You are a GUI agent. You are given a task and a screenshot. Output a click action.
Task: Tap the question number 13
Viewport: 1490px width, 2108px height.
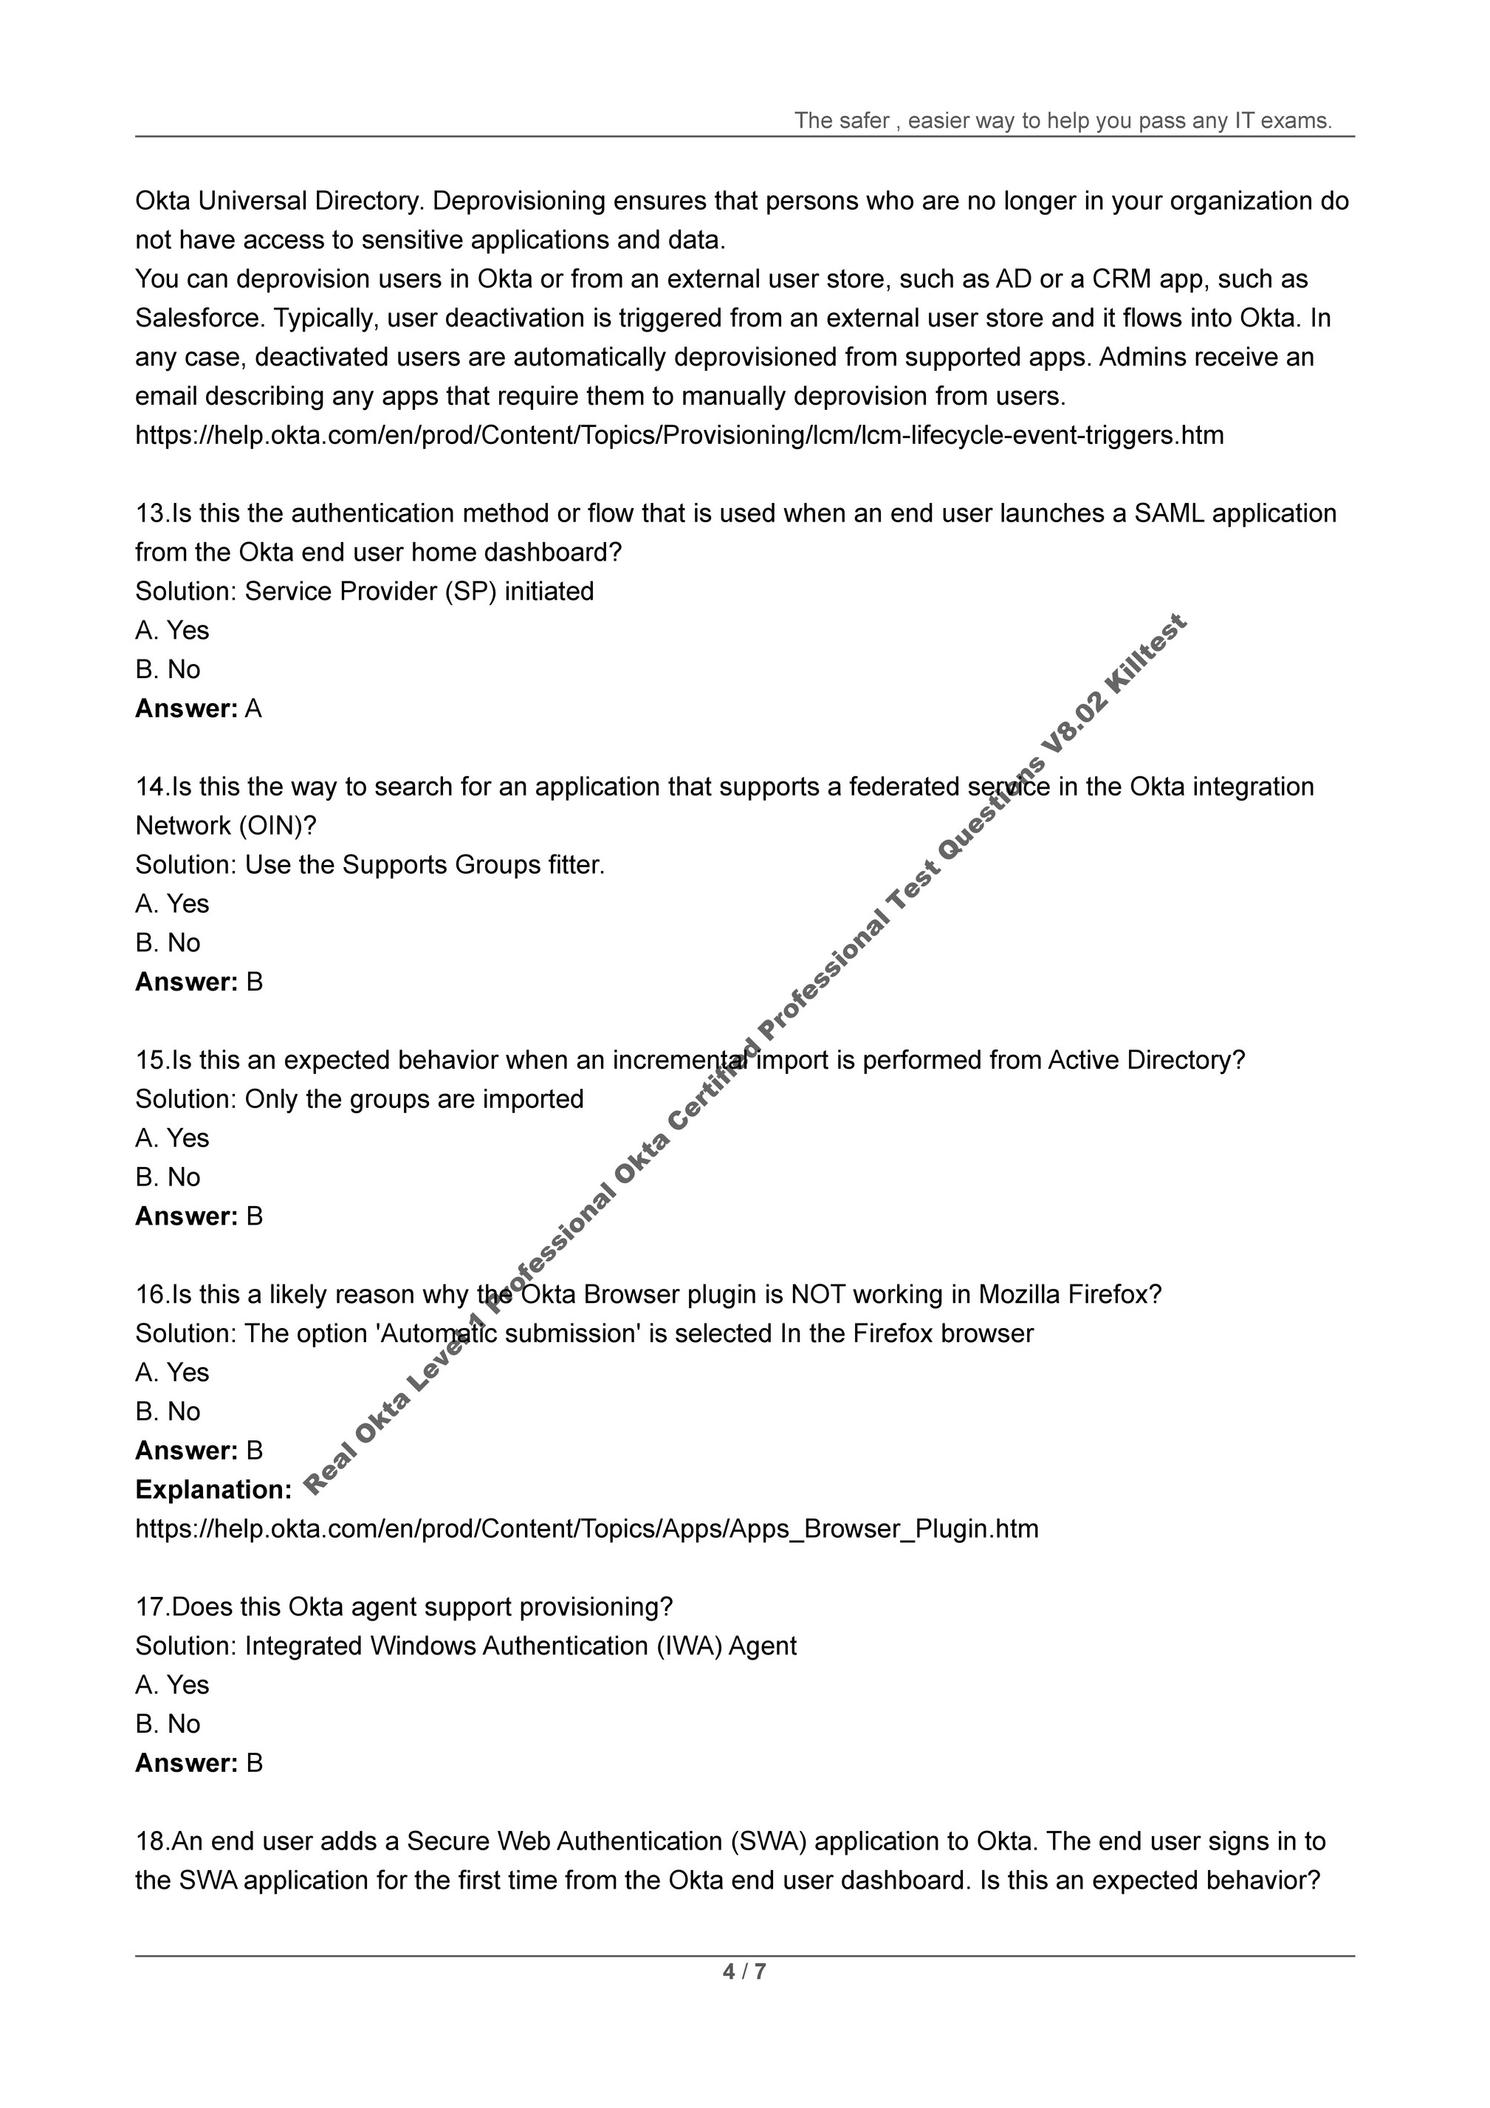pyautogui.click(x=151, y=513)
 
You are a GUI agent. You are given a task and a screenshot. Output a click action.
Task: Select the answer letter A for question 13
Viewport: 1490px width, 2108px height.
pyautogui.click(x=254, y=709)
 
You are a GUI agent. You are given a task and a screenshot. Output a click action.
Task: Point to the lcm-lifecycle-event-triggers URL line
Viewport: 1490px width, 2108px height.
pyautogui.click(x=679, y=435)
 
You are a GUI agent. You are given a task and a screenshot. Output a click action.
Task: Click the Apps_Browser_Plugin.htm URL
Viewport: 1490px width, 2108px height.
pyautogui.click(x=587, y=1529)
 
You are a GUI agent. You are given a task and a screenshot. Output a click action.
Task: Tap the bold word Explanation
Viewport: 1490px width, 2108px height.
pyautogui.click(x=213, y=1489)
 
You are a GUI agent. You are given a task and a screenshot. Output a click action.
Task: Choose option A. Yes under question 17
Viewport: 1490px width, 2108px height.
pyautogui.click(x=172, y=1685)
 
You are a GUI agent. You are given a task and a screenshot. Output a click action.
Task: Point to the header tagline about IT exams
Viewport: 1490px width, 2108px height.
pyautogui.click(x=1063, y=120)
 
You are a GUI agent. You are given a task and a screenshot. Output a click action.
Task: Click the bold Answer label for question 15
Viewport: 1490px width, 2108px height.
pyautogui.click(x=186, y=1216)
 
